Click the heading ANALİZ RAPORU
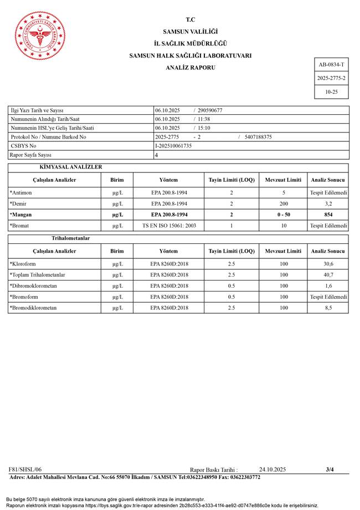pyautogui.click(x=191, y=68)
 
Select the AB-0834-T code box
pyautogui.click(x=331, y=65)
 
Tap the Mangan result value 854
pyautogui.click(x=328, y=215)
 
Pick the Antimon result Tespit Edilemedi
pyautogui.click(x=328, y=192)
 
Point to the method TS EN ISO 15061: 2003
pyautogui.click(x=169, y=226)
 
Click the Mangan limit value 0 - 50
pyautogui.click(x=284, y=215)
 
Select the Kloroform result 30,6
pyautogui.click(x=328, y=263)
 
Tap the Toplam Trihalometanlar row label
pyautogui.click(x=37, y=274)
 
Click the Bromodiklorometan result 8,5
pyautogui.click(x=328, y=308)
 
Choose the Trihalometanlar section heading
pyautogui.click(x=71, y=238)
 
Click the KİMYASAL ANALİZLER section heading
pyautogui.click(x=71, y=167)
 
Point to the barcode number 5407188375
pyautogui.click(x=258, y=137)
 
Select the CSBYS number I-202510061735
pyautogui.click(x=173, y=146)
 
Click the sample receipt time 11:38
pyautogui.click(x=204, y=119)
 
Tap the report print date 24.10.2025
pyautogui.click(x=272, y=470)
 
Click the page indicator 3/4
pyautogui.click(x=330, y=470)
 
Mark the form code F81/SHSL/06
pyautogui.click(x=25, y=470)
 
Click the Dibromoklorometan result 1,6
pyautogui.click(x=328, y=285)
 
